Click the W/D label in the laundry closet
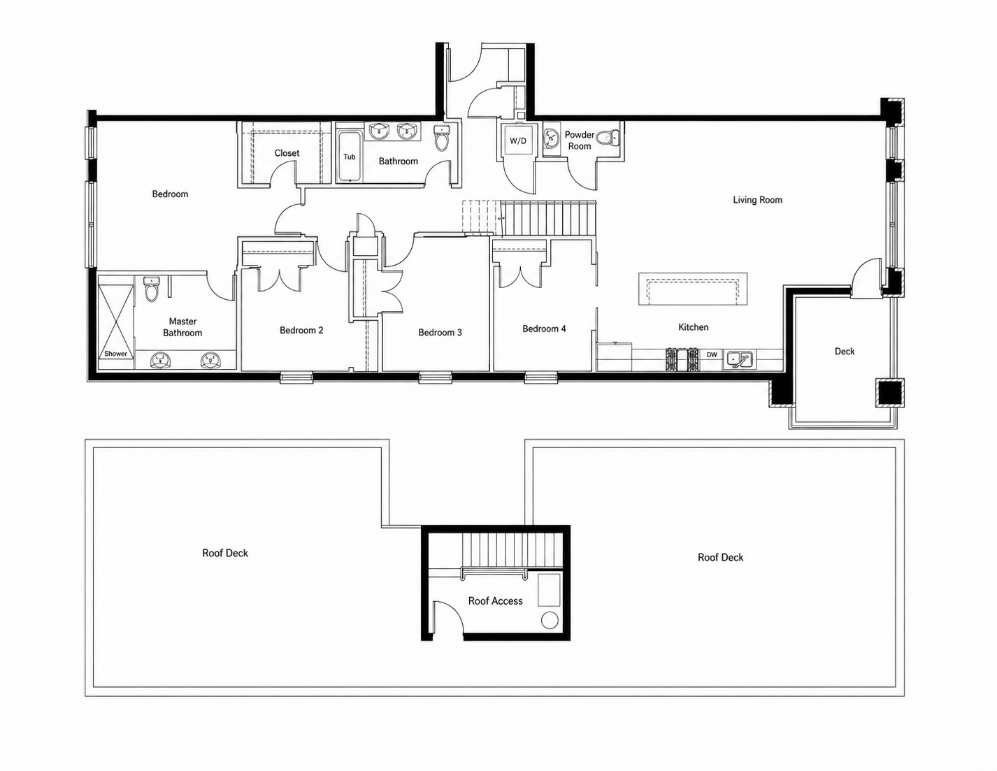518,140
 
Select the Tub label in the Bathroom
349,157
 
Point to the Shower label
115,354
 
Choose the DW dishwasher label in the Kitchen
712,354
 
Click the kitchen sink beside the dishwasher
738,359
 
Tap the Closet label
287,153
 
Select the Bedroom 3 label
440,333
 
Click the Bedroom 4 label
544,329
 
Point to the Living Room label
757,200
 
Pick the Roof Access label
496,601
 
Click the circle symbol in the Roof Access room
550,620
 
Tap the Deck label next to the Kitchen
845,352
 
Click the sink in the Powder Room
550,137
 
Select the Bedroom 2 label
301,330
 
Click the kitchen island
693,289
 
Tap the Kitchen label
694,327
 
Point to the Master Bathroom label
182,327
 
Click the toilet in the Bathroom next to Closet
441,138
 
